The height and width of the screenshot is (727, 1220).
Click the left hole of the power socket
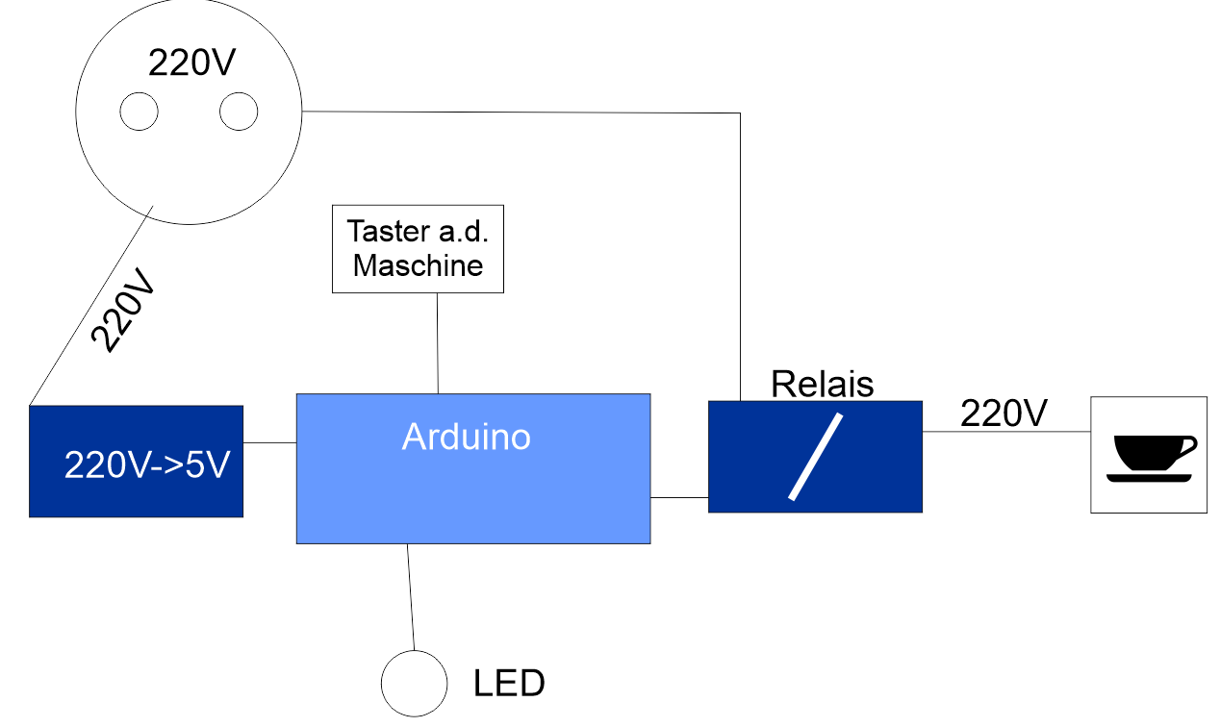(139, 112)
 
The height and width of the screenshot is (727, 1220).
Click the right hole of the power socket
(239, 112)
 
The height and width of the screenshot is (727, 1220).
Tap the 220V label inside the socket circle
(191, 63)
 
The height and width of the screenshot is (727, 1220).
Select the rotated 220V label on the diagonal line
(123, 311)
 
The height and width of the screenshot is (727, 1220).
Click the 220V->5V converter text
(147, 465)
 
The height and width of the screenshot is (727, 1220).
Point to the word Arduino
(467, 437)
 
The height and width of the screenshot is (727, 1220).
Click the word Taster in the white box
(388, 231)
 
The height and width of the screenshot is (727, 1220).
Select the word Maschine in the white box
(418, 265)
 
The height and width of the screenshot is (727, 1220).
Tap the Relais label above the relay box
(823, 384)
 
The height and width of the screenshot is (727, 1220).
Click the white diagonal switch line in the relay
(815, 457)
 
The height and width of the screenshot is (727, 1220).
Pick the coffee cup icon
(1152, 460)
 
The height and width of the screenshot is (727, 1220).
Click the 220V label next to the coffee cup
(1004, 413)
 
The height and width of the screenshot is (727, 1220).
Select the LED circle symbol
(414, 683)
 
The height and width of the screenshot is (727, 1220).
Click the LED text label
(509, 683)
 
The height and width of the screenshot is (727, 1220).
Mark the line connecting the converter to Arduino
(269, 442)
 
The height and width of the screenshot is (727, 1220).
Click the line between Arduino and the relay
(679, 497)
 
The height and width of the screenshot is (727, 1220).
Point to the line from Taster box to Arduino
(438, 343)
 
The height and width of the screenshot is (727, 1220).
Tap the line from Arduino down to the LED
(411, 597)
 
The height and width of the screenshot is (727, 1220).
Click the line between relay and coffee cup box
(1006, 432)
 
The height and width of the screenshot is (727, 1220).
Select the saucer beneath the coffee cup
(1149, 478)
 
